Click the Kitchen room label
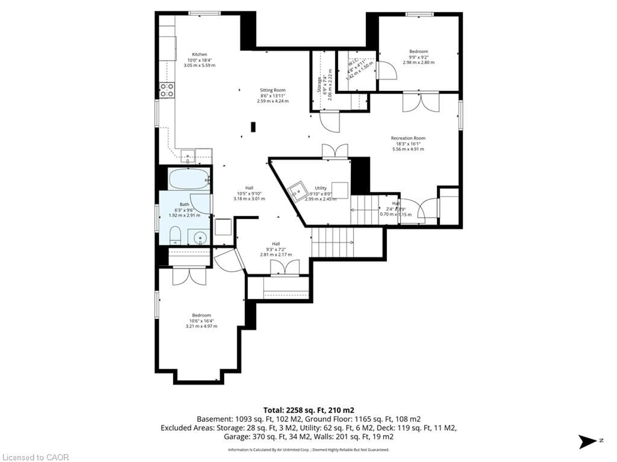point(199,54)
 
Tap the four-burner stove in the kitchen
point(167,90)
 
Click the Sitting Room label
point(273,90)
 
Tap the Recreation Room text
point(408,138)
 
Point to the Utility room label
point(321,188)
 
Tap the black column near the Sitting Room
point(253,127)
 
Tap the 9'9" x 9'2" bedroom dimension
point(418,57)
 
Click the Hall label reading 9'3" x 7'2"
point(276,249)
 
